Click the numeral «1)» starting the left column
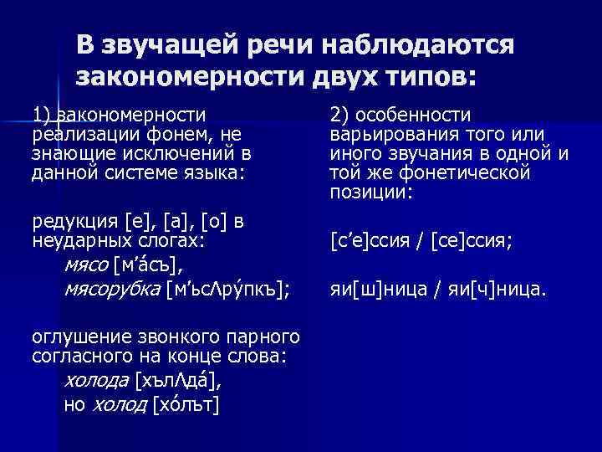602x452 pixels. [x=42, y=114]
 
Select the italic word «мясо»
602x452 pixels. [x=85, y=267]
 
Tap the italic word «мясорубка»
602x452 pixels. [x=112, y=289]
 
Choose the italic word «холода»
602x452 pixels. [x=95, y=383]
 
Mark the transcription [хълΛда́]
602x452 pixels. [x=178, y=383]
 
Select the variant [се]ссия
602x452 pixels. [x=472, y=242]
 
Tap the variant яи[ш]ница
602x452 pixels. [x=377, y=290]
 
